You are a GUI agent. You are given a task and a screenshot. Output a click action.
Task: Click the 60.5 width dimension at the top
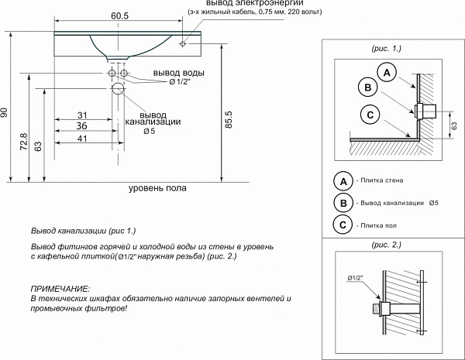pos(119,16)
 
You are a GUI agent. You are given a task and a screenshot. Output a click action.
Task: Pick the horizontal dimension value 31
pos(82,115)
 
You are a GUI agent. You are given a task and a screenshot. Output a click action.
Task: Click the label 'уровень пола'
pos(157,188)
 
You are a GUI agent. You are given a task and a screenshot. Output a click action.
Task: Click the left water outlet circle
pos(112,73)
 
